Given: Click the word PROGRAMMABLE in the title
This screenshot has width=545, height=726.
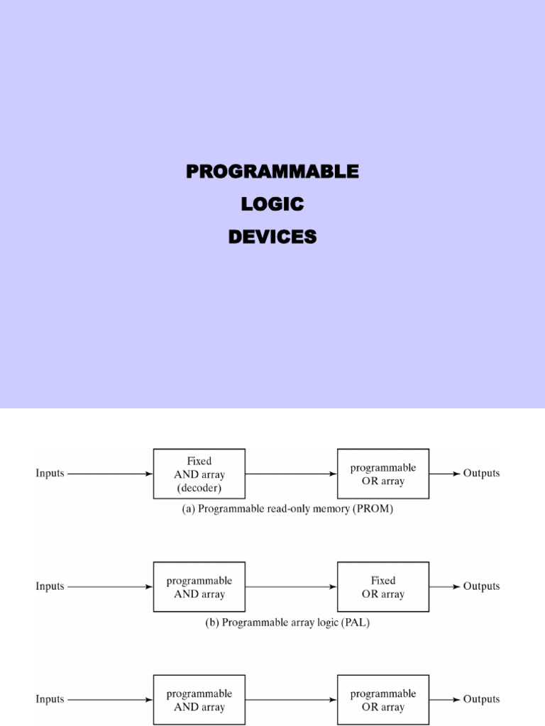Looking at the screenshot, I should click(272, 172).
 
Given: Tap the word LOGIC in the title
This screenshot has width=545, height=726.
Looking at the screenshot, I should click(272, 205).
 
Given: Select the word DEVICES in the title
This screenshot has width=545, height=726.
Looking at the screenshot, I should click(272, 238).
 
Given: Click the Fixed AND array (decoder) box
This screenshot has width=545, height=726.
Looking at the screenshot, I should click(199, 473).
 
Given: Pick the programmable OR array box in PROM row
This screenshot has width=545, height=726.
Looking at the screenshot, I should click(382, 473).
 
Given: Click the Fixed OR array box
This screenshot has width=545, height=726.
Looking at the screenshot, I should click(382, 586).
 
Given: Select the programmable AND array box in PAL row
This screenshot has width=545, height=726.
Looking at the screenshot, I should click(199, 586).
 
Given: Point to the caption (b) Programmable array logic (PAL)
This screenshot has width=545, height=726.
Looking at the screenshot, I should click(287, 622).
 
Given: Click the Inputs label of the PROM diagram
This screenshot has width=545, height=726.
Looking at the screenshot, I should click(50, 473).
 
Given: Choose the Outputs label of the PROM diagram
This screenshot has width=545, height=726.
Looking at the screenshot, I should click(481, 473).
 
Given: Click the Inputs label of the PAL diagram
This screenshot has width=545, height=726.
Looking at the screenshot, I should click(50, 586).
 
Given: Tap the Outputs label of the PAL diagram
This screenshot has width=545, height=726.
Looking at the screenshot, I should click(481, 586).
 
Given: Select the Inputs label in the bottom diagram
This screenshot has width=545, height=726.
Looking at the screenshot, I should click(50, 699).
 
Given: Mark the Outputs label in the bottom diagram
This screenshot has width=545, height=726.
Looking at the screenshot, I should click(481, 699).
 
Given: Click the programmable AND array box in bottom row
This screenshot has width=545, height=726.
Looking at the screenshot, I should click(199, 700).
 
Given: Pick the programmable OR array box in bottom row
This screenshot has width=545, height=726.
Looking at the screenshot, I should click(382, 700).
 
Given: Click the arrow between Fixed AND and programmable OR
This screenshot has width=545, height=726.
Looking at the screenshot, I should click(291, 473).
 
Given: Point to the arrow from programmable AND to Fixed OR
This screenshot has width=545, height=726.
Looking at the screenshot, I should click(291, 586).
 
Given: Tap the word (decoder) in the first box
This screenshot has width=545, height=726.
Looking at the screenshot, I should click(199, 487).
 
